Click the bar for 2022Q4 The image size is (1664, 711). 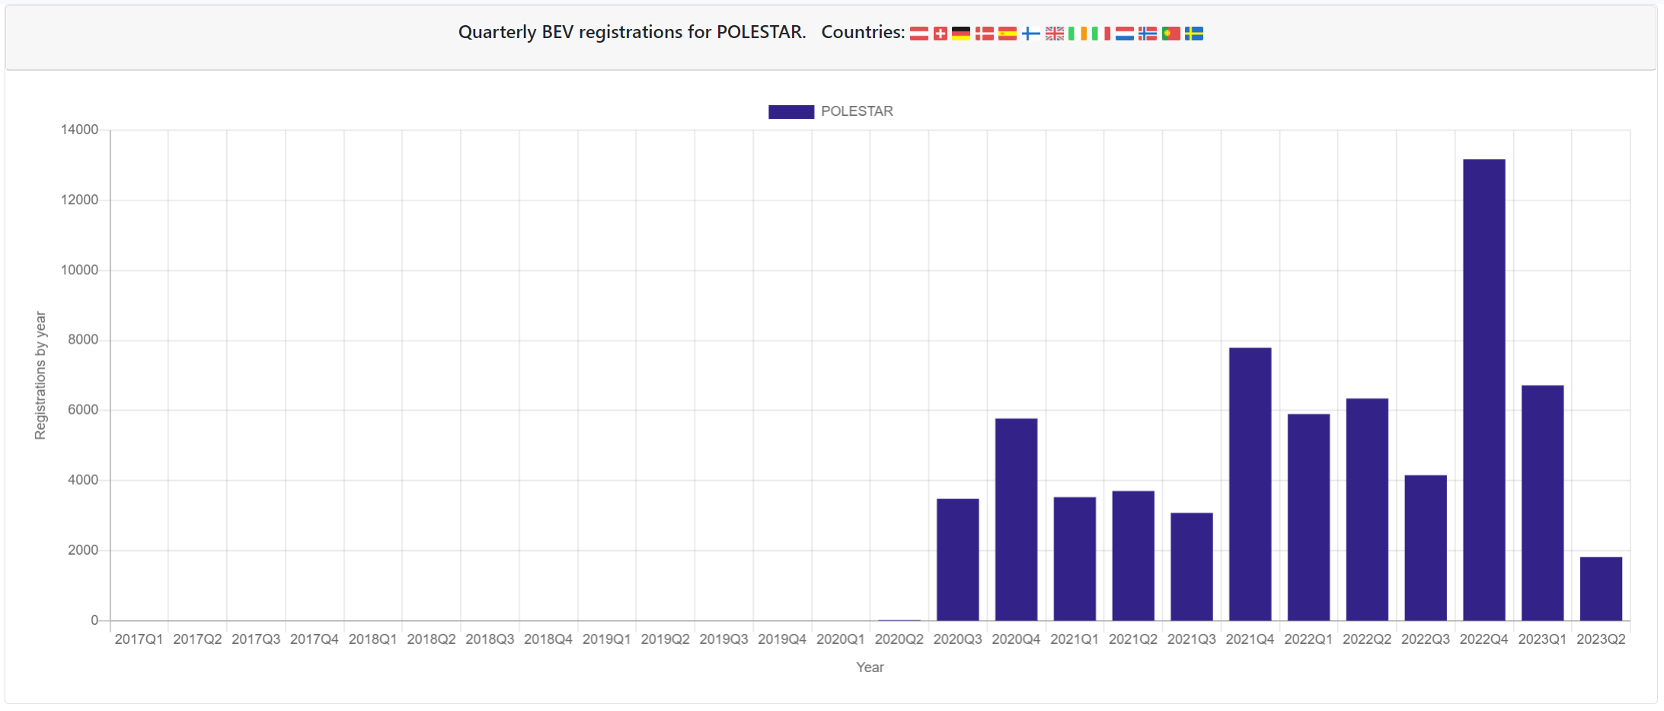(1484, 389)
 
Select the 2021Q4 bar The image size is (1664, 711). (1250, 484)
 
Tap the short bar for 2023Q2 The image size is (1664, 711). (1601, 588)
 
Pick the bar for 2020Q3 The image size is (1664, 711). (957, 559)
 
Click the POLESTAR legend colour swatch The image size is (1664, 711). (790, 111)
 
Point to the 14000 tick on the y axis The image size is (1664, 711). (80, 130)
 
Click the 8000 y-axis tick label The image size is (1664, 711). (83, 340)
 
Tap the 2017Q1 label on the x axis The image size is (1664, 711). (139, 639)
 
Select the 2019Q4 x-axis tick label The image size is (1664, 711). (781, 639)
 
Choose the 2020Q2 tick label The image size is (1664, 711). (899, 639)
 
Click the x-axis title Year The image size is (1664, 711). (870, 668)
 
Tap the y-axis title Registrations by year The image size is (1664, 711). (40, 375)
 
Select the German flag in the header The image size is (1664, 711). (961, 34)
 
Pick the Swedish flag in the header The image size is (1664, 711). (1194, 34)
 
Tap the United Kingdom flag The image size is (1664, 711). (1055, 34)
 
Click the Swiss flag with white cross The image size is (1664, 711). (941, 34)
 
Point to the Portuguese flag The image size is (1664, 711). (1171, 34)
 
